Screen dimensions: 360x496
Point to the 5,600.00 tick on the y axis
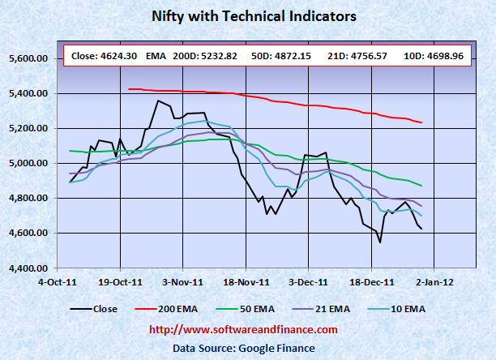35,59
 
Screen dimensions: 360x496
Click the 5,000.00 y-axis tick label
35,164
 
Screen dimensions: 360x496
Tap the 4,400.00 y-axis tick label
35,268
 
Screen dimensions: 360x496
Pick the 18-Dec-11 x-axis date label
371,283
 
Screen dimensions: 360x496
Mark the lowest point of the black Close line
380,242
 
